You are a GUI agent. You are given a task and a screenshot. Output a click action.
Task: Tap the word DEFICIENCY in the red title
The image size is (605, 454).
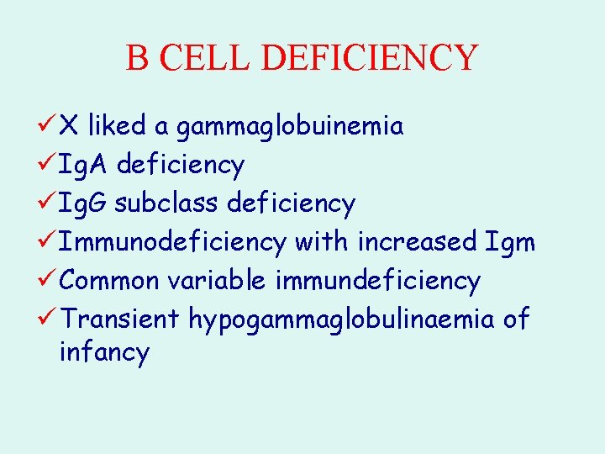370,58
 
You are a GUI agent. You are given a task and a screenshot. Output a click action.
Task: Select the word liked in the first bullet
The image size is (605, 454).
117,126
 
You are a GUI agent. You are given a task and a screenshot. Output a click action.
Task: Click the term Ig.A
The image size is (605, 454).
85,166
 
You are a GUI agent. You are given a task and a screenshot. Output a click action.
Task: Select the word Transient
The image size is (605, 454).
120,319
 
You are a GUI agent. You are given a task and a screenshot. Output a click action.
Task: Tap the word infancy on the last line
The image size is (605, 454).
104,352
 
